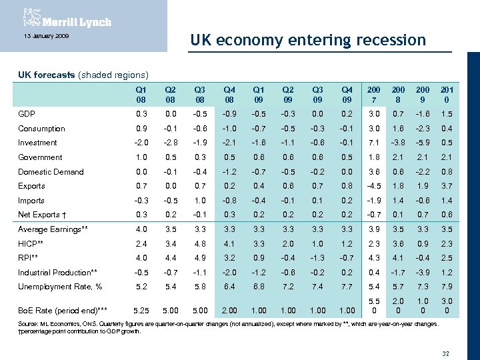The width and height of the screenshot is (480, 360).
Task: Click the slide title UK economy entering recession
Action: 307,40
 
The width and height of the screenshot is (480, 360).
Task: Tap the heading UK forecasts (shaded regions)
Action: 83,75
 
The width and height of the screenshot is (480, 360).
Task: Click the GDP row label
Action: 27,114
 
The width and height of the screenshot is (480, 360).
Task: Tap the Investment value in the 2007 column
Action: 373,143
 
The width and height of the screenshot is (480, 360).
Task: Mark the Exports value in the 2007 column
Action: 373,186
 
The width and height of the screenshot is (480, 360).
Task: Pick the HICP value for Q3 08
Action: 201,244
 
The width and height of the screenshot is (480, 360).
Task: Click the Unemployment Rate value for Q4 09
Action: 346,287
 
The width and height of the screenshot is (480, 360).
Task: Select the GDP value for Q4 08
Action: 229,114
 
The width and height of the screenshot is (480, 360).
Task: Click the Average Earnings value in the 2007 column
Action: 373,229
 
